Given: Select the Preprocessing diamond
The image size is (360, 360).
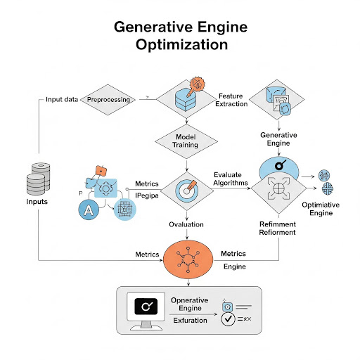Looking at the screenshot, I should click(x=108, y=100).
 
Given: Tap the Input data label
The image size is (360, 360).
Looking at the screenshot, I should click(x=63, y=100).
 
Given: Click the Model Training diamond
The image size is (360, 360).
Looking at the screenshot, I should click(x=185, y=140).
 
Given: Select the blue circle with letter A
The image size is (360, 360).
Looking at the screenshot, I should click(x=89, y=209).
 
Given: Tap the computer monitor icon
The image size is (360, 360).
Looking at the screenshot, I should click(x=147, y=310).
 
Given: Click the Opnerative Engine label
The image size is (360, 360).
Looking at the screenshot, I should click(x=190, y=304).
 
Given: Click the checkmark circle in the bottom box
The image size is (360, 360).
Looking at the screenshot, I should click(x=229, y=321).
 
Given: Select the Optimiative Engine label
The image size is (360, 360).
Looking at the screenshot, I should click(x=326, y=208).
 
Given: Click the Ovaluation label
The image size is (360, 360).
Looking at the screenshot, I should click(x=186, y=224).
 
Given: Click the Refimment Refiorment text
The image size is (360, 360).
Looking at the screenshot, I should click(x=278, y=227).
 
